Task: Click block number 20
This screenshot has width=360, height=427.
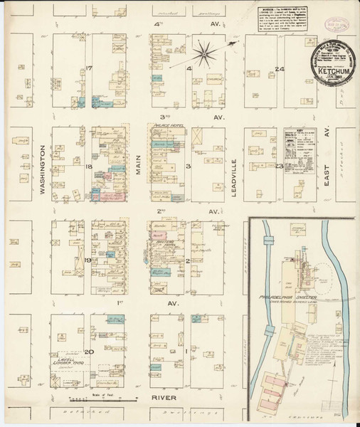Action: click(x=89, y=352)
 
